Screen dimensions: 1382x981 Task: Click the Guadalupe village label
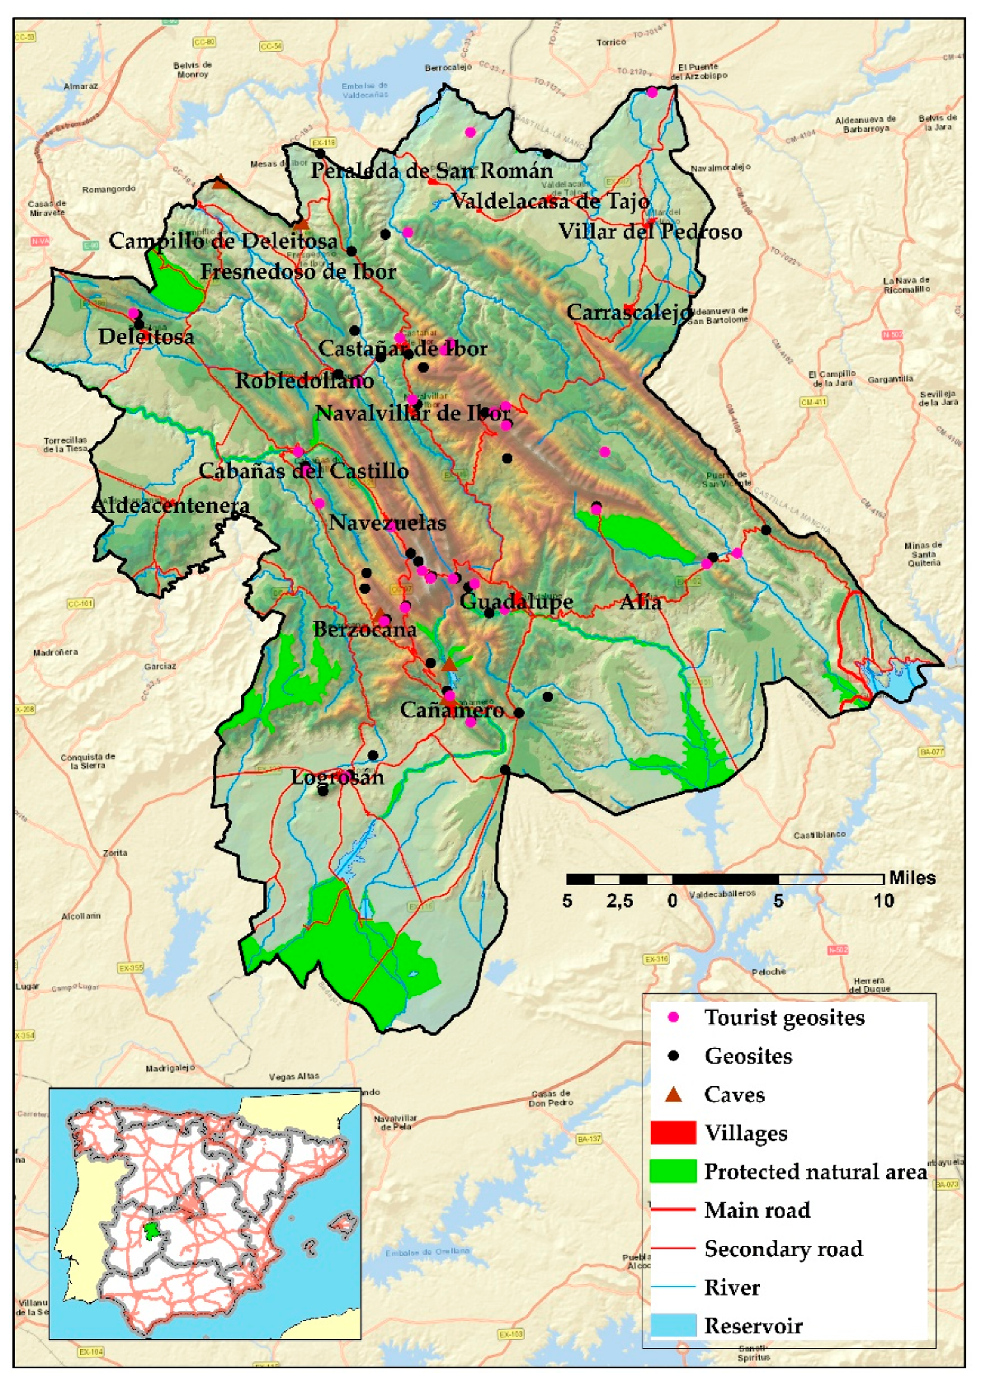point(516,601)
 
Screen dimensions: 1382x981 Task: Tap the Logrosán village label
point(337,777)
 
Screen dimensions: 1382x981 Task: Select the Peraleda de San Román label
point(432,171)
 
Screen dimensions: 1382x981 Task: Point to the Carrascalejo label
point(629,313)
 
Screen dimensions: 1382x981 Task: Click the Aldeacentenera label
point(170,505)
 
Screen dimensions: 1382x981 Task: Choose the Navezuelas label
point(387,523)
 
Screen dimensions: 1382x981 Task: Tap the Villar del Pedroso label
point(650,232)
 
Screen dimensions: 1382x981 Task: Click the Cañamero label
point(451,710)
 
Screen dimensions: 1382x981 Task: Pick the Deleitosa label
point(146,336)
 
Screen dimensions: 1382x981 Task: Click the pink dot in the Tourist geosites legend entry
point(674,1018)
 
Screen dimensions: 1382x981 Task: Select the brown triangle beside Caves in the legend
point(674,1095)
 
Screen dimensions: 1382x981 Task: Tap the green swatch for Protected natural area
point(673,1172)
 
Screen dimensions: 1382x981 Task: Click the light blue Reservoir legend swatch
point(673,1326)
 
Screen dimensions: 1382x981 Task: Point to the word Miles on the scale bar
point(912,878)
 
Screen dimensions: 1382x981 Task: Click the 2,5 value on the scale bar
point(620,901)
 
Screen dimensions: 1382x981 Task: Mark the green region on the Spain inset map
point(151,1231)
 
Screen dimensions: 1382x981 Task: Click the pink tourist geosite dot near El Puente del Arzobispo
point(652,92)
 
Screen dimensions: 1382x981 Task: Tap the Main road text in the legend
point(757,1210)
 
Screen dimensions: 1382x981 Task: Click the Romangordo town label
point(109,190)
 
